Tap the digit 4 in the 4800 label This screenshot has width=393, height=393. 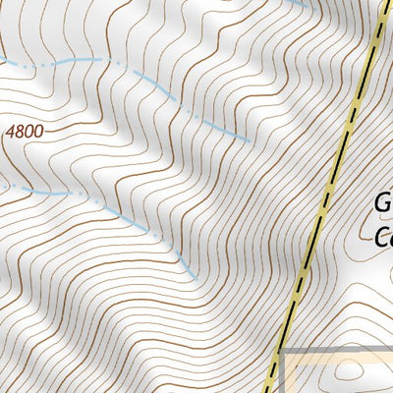10,129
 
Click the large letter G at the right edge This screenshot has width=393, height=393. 383,204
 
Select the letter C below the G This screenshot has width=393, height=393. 384,237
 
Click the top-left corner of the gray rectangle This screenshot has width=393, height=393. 282,351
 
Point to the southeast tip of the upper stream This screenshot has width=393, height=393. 250,139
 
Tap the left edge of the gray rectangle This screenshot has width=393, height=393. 282,373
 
